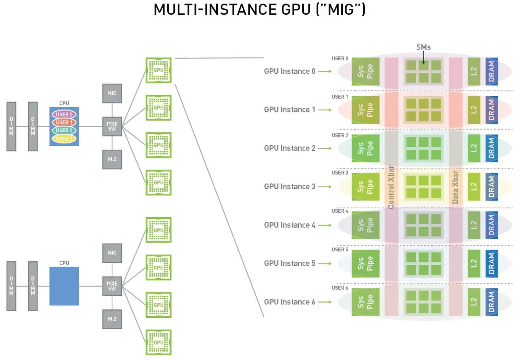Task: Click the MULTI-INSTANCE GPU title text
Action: point(259,10)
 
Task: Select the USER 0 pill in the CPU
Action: point(64,115)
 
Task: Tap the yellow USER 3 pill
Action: point(64,138)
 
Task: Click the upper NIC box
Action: point(112,93)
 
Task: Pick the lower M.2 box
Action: point(112,319)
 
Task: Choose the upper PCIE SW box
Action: point(112,126)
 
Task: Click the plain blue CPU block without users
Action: point(64,286)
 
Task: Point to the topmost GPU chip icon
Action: point(159,70)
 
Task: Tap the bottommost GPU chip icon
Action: point(159,342)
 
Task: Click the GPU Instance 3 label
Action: point(290,187)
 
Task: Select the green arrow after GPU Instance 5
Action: point(325,263)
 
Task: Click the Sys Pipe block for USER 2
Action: point(365,148)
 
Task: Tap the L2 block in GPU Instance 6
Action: point(474,302)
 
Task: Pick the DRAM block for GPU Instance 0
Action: point(491,71)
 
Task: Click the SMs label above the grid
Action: point(423,47)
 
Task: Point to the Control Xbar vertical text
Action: point(391,187)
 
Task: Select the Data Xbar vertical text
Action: point(455,187)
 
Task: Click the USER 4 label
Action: point(340,211)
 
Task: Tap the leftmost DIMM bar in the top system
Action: point(12,126)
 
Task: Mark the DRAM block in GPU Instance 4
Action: point(491,225)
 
